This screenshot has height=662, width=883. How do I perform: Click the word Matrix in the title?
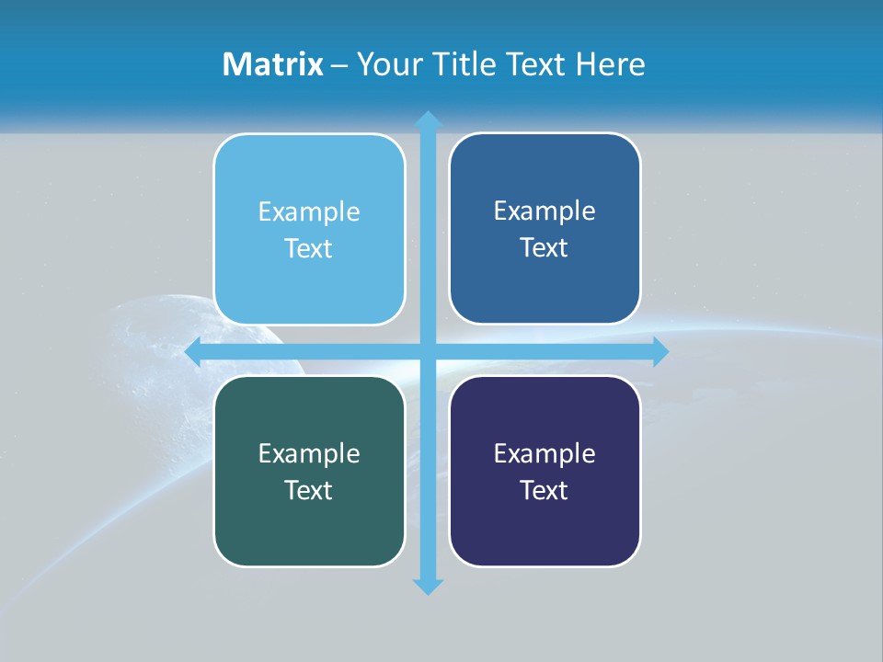pyautogui.click(x=273, y=64)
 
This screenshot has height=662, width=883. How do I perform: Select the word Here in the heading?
pyautogui.click(x=611, y=64)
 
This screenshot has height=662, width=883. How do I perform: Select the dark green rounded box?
pyautogui.click(x=309, y=524)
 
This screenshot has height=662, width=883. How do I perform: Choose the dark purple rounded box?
pyautogui.click(x=545, y=524)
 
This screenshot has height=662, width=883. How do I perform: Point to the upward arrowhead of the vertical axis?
pyautogui.click(x=428, y=120)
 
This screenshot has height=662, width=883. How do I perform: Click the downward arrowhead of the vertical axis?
pyautogui.click(x=428, y=586)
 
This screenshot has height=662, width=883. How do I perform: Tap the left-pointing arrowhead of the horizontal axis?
pyautogui.click(x=194, y=352)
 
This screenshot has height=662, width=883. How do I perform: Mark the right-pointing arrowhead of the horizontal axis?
pyautogui.click(x=659, y=352)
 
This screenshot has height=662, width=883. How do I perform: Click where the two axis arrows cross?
pyautogui.click(x=428, y=352)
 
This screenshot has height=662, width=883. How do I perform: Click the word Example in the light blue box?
pyautogui.click(x=309, y=212)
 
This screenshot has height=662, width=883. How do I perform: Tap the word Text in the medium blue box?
pyautogui.click(x=545, y=248)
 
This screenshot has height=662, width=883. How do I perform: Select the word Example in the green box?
pyautogui.click(x=309, y=454)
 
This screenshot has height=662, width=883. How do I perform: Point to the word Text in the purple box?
pyautogui.click(x=545, y=491)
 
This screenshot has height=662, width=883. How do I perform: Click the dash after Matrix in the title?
pyautogui.click(x=339, y=65)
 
